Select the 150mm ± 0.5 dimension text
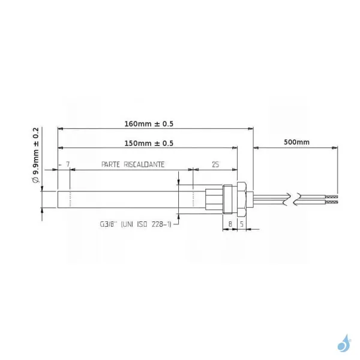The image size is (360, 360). (146, 143)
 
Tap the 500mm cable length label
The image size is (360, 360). (296, 143)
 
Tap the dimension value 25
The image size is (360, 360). (215, 163)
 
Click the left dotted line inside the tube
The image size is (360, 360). (70, 198)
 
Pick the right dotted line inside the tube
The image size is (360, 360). (193, 198)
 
